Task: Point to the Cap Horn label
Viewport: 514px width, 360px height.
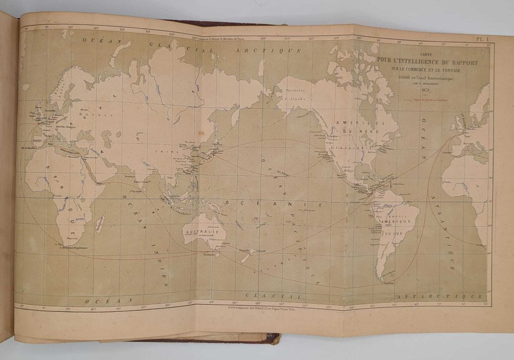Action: click(389, 284)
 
